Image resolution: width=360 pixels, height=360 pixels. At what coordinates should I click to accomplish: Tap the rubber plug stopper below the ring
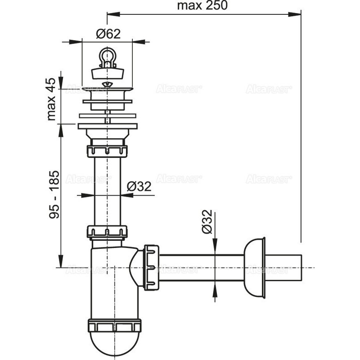[x=107, y=72]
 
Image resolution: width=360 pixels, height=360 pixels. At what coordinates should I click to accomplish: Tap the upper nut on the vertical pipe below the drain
[x=107, y=150]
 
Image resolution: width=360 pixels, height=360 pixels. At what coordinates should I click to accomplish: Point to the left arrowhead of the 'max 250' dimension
[x=110, y=15]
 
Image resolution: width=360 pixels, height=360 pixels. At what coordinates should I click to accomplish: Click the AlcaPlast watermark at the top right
[x=269, y=90]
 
